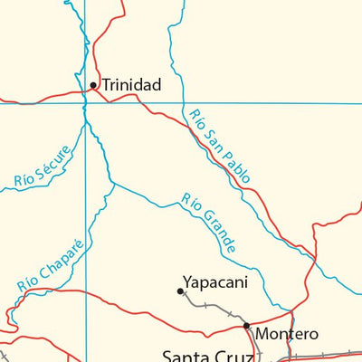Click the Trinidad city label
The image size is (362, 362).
131,85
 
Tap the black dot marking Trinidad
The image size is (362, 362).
92,85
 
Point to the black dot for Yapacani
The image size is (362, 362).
180,291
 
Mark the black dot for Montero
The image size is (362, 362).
245,325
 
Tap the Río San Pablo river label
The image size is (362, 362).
221,147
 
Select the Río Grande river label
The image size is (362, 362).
209,223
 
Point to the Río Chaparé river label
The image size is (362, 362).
50,263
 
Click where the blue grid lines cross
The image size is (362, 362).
85,103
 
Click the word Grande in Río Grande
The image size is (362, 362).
217,232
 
